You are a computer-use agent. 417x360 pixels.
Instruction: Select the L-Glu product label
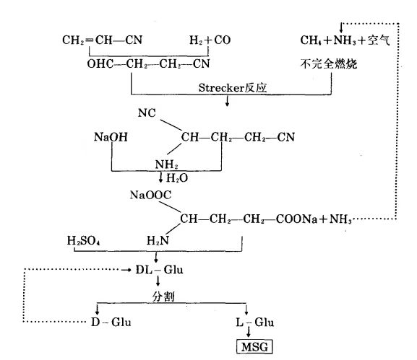(249, 319)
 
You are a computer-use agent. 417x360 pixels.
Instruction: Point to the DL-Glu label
(159, 269)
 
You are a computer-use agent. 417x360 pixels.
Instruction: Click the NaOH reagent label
(110, 136)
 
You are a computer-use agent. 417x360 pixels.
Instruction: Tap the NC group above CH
(147, 113)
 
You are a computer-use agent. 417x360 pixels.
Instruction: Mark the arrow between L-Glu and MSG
(249, 333)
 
